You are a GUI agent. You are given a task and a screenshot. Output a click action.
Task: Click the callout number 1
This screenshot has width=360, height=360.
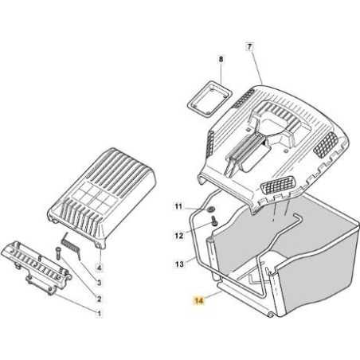(99, 314)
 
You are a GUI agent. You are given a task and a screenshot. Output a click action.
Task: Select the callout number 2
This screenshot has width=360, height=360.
(99, 299)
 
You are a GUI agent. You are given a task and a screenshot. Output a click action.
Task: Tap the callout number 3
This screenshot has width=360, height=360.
(99, 283)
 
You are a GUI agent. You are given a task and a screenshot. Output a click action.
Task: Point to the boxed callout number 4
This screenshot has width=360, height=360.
(100, 268)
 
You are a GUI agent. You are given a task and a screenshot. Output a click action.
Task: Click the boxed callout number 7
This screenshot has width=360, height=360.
(249, 47)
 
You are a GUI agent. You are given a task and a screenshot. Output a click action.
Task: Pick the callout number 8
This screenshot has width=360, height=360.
(221, 59)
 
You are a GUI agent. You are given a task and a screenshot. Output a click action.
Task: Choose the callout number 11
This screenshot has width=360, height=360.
(178, 206)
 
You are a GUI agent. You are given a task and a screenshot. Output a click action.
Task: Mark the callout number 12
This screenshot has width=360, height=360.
(179, 235)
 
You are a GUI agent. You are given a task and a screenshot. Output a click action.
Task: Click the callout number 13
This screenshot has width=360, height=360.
(179, 264)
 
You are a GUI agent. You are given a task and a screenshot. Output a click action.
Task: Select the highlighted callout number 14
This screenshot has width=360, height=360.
(199, 300)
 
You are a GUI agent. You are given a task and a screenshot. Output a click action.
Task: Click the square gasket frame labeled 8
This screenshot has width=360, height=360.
(209, 99)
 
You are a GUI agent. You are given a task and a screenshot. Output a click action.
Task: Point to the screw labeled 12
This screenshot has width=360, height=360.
(214, 221)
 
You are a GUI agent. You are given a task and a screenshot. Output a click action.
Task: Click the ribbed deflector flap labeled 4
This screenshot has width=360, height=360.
(101, 197)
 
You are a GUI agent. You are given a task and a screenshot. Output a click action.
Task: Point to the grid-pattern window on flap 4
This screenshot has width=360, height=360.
(94, 196)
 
